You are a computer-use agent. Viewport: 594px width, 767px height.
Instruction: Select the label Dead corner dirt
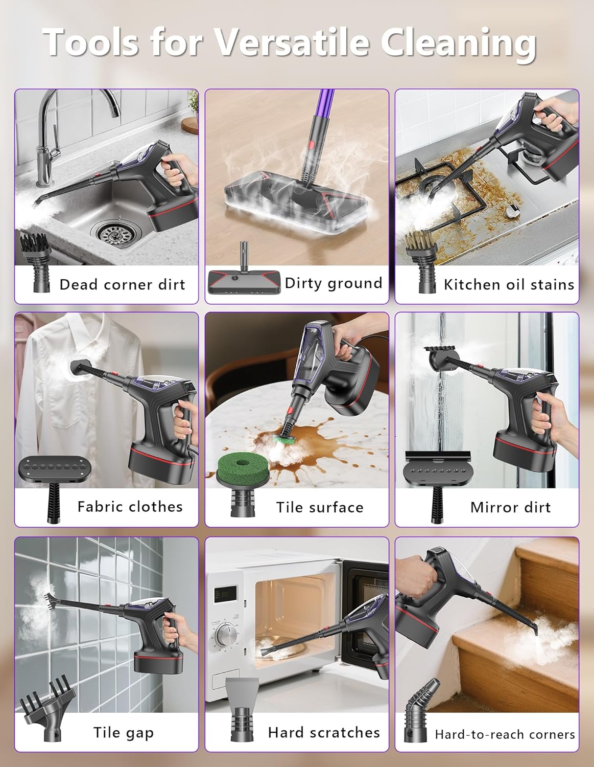(x=122, y=284)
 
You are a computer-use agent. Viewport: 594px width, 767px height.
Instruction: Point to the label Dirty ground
(x=333, y=283)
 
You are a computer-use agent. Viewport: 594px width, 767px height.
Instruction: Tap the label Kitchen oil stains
(x=509, y=284)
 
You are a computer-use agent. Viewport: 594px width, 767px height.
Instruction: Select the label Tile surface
(x=320, y=507)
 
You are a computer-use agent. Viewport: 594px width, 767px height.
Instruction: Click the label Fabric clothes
(x=130, y=506)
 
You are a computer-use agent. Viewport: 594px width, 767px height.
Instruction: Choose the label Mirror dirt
(x=510, y=507)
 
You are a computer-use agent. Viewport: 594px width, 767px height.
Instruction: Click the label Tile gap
(x=123, y=732)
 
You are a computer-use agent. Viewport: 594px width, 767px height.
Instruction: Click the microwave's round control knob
(x=225, y=636)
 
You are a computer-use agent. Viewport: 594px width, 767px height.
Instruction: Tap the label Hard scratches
(x=324, y=732)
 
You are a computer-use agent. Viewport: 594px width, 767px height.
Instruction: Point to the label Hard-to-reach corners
(x=505, y=734)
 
